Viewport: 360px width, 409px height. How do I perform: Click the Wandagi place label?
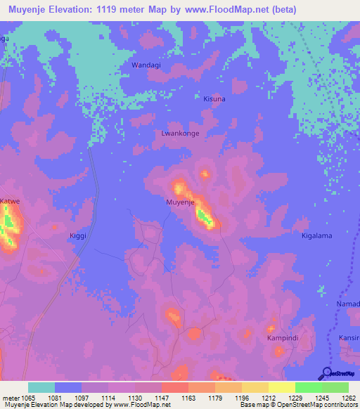(x=146, y=65)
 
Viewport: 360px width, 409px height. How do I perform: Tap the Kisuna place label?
(x=214, y=99)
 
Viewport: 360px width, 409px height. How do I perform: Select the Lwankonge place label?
(x=181, y=133)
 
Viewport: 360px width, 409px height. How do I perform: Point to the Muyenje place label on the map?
(x=180, y=202)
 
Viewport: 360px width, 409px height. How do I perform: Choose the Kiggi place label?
(x=78, y=235)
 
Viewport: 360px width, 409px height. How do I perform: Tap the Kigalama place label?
(x=316, y=235)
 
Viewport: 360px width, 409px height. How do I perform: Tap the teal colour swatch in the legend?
(x=41, y=387)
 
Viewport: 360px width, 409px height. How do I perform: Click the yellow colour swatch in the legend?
(x=282, y=387)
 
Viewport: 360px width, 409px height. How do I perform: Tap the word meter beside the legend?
(x=11, y=398)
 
